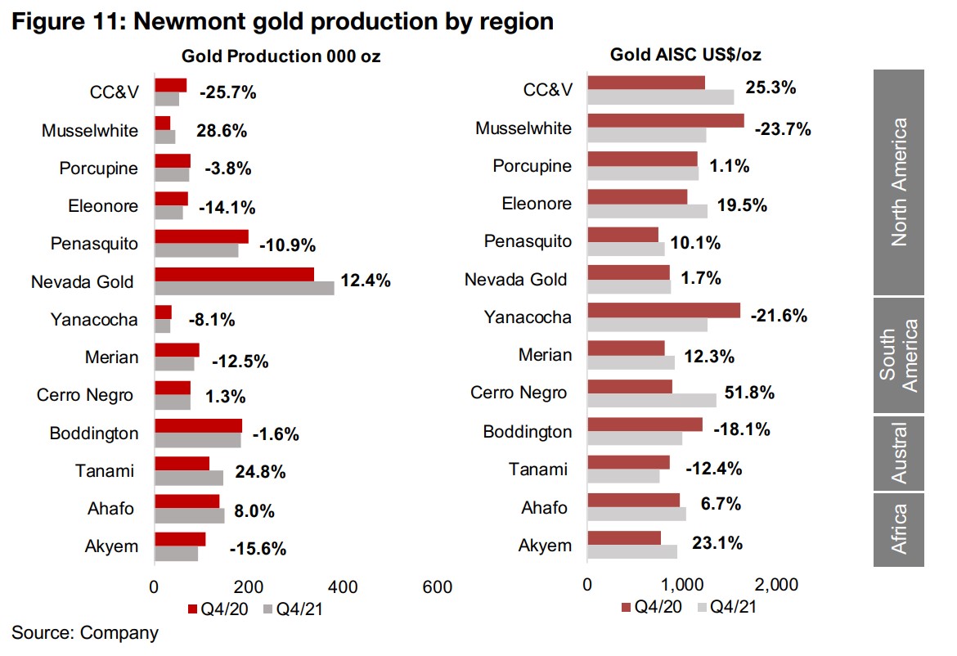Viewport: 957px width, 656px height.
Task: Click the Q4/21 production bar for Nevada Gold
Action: pyautogui.click(x=244, y=288)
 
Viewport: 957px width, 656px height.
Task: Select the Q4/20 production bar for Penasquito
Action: pyautogui.click(x=201, y=236)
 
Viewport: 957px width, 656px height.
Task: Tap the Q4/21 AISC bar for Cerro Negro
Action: pyautogui.click(x=652, y=400)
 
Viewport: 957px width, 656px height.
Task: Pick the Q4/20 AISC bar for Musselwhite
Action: pyautogui.click(x=666, y=121)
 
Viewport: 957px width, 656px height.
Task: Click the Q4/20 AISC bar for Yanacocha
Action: pyautogui.click(x=663, y=310)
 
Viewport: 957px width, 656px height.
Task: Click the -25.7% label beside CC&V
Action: pyautogui.click(x=228, y=92)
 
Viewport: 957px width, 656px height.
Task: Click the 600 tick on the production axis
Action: pyautogui.click(x=438, y=587)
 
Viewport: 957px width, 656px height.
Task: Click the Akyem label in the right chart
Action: pyautogui.click(x=546, y=545)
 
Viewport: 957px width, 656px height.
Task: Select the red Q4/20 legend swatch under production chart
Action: pyautogui.click(x=192, y=609)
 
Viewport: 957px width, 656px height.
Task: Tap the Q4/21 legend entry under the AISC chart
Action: pyautogui.click(x=729, y=608)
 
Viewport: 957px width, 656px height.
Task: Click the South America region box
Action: pyautogui.click(x=898, y=355)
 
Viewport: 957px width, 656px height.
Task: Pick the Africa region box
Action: pyautogui.click(x=898, y=528)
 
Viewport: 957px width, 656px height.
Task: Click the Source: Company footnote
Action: pyautogui.click(x=85, y=632)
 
